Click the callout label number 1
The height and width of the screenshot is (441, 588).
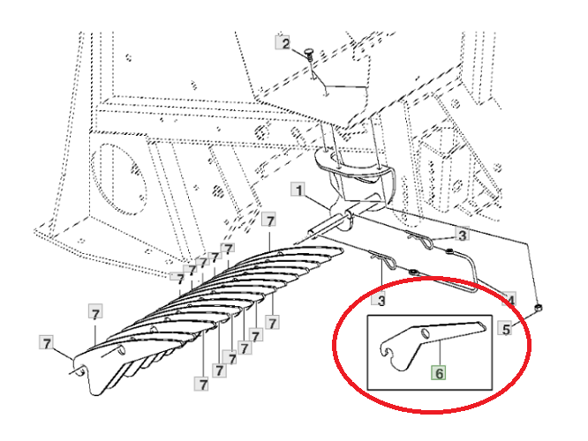pos(298,190)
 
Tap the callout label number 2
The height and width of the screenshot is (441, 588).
pos(283,43)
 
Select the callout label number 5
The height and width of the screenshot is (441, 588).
pos(506,329)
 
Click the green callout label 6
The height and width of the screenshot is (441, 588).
pos(439,372)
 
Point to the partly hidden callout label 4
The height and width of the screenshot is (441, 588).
pos(509,298)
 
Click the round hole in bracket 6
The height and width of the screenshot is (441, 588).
pos(424,333)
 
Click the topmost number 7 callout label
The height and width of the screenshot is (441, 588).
pos(269,220)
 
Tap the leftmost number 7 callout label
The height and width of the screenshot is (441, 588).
pos(47,343)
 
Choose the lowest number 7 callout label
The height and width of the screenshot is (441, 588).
pos(202,384)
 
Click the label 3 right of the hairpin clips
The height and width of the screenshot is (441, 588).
pos(462,235)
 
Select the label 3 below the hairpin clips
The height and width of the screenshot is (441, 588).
pos(380,300)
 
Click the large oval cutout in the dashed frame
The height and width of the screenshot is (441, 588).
pos(119,178)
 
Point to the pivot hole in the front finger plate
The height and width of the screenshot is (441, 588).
pos(121,350)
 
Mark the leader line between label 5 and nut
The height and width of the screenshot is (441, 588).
pos(524,319)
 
